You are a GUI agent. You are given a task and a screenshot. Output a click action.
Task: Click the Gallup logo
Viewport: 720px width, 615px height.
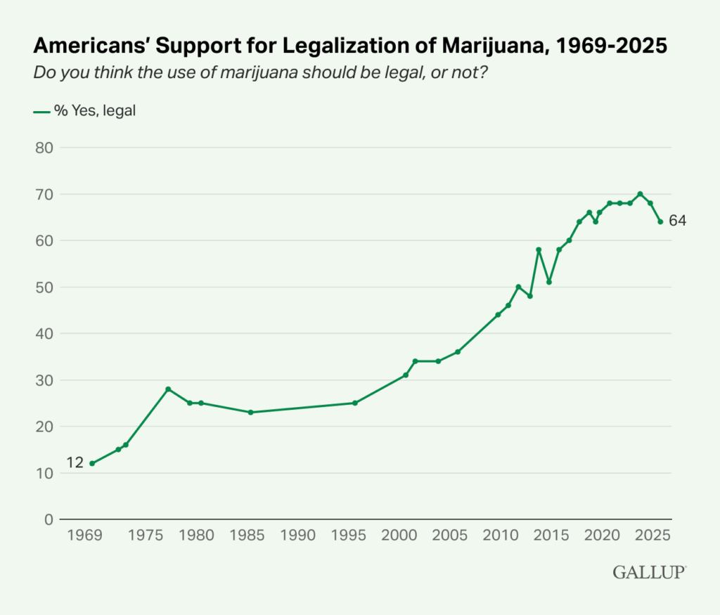point(649,572)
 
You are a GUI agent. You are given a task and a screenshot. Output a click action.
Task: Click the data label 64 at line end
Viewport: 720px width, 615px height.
point(677,221)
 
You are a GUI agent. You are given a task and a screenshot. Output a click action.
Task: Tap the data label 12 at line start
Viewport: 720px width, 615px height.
point(75,462)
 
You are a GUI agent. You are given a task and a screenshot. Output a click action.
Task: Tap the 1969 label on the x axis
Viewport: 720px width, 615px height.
point(82,536)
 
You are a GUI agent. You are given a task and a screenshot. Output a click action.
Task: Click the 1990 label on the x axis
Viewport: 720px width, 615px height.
point(299,536)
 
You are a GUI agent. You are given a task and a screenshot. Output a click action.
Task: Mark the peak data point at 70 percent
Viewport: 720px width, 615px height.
point(640,194)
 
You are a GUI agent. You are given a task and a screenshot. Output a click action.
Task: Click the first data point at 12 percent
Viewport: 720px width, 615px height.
point(92,463)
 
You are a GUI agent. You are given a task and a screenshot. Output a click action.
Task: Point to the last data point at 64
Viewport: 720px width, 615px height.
point(660,221)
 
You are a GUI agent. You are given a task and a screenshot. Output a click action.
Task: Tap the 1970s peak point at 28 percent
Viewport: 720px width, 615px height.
point(168,389)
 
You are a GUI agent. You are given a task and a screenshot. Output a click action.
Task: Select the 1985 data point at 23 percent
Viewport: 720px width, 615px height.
point(251,412)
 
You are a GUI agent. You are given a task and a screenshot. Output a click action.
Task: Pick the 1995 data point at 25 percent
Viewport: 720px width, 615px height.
point(355,403)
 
